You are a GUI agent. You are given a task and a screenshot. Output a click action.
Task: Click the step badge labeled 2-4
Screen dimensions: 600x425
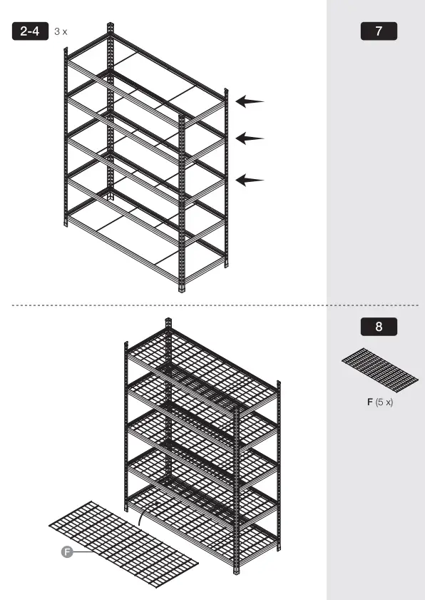click(x=31, y=31)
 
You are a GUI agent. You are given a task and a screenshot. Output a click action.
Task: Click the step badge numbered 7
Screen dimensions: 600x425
click(x=378, y=31)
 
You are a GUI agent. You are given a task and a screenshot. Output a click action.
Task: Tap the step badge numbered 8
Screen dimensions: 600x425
click(x=378, y=327)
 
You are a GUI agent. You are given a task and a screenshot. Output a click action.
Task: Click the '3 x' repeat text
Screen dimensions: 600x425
click(x=61, y=32)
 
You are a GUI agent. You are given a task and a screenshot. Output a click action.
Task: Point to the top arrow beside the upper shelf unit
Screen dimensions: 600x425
click(x=250, y=102)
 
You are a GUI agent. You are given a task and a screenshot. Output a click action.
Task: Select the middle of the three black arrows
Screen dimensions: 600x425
click(x=250, y=138)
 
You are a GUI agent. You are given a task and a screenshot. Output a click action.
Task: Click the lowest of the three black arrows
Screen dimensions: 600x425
click(x=250, y=180)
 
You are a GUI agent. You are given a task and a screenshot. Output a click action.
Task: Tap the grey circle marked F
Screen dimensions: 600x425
click(x=68, y=551)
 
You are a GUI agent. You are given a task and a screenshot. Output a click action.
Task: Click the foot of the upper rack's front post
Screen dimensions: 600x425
click(x=182, y=288)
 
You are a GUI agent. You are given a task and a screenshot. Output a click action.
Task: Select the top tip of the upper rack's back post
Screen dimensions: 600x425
click(x=110, y=26)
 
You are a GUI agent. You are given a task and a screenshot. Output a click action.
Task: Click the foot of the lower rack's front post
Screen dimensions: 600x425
click(x=236, y=570)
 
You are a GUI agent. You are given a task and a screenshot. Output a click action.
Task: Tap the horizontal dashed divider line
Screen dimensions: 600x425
click(x=214, y=305)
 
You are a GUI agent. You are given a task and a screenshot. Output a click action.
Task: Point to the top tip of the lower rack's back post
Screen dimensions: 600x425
click(x=168, y=321)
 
